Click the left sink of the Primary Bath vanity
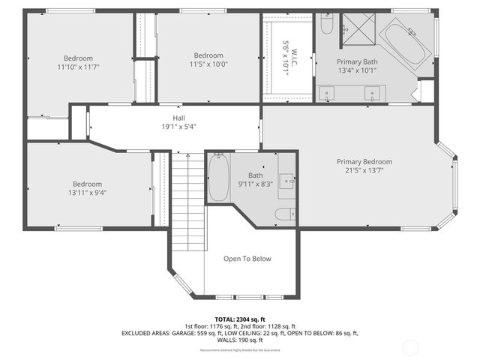tap(328, 94)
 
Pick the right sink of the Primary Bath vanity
tap(371, 94)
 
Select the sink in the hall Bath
tap(286, 181)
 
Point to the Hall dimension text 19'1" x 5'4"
tap(178, 127)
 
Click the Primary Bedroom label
tap(364, 161)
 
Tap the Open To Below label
tap(247, 259)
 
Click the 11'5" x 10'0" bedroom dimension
tap(208, 65)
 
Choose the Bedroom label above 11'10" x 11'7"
tap(78, 58)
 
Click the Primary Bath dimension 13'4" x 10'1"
tap(356, 70)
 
